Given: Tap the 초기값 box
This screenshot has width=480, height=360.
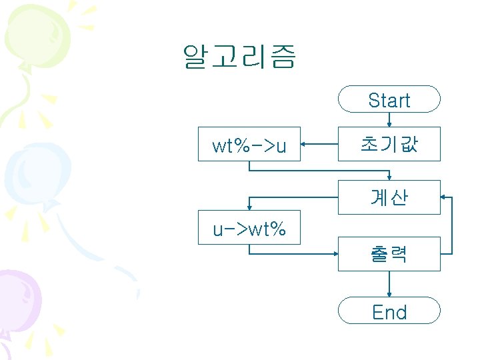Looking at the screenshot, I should point(389,144).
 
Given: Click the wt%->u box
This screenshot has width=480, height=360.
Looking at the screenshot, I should point(249,144).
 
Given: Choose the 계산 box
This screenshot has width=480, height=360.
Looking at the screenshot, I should point(389,197).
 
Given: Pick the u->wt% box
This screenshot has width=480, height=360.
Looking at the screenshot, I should point(249,228).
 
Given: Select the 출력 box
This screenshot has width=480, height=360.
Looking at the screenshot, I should point(389,254).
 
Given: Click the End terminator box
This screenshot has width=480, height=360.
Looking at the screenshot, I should point(389,311).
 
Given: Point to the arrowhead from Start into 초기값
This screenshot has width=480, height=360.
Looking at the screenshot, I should point(389,123).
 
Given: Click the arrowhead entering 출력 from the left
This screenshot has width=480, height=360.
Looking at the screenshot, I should point(335,254).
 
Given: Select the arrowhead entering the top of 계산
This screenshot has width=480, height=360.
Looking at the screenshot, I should point(389,177).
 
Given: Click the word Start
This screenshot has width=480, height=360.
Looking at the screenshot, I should point(389,101).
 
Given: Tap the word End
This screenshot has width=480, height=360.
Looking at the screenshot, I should point(389,312).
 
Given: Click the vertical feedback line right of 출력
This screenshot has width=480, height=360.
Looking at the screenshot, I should point(453,227).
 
